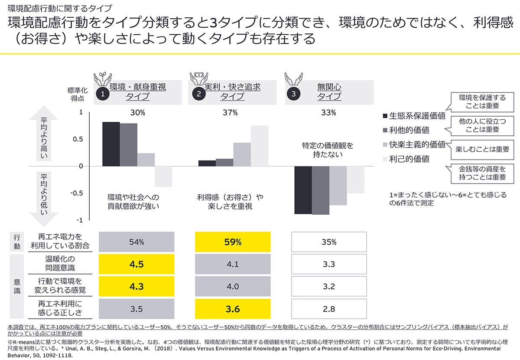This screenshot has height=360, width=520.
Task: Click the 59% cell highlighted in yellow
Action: pyautogui.click(x=233, y=242)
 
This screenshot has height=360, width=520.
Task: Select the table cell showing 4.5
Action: pyautogui.click(x=136, y=265)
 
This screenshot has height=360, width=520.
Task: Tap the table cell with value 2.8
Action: pyautogui.click(x=329, y=309)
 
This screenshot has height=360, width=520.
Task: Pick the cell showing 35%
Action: pyautogui.click(x=329, y=242)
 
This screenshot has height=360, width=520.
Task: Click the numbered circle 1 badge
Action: pyautogui.click(x=102, y=93)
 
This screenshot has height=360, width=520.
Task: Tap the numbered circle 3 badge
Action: pyautogui.click(x=294, y=93)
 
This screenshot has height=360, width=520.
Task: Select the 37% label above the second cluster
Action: pyautogui.click(x=230, y=113)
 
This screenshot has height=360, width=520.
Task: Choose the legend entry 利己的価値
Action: pyautogui.click(x=409, y=159)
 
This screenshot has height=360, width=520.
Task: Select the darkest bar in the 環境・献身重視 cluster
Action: pyautogui.click(x=111, y=144)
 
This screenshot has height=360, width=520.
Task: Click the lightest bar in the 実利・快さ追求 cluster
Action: pyautogui.click(x=260, y=146)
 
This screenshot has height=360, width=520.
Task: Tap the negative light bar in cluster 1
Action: pyautogui.click(x=163, y=176)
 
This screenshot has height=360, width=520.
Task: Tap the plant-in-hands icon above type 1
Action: pyautogui.click(x=102, y=77)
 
